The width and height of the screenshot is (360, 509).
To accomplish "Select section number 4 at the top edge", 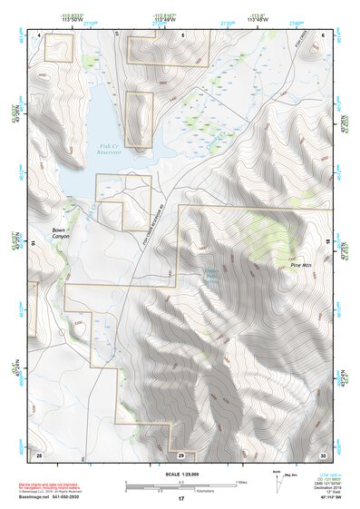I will [41, 35].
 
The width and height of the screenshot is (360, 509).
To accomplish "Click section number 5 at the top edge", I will [182, 35].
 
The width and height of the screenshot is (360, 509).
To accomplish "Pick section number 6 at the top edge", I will [323, 35].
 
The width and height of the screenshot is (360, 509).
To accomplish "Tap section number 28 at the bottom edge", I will [39, 454].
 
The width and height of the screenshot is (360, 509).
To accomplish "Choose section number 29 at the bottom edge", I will [180, 454].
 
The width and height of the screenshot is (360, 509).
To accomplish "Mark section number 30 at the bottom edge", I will [323, 454].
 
